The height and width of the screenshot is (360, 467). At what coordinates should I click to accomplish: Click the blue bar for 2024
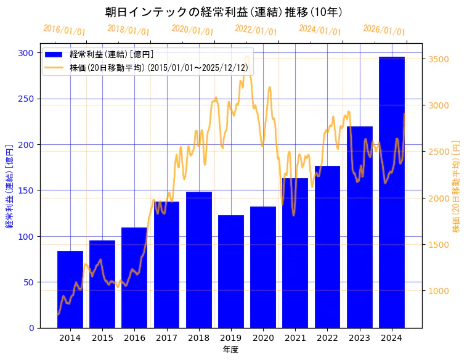(x=391, y=192)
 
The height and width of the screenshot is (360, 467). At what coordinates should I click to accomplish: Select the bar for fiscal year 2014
(x=70, y=289)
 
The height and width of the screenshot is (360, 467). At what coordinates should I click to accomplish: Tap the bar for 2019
(x=231, y=271)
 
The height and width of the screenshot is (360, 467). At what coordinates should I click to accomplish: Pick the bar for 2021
(x=295, y=253)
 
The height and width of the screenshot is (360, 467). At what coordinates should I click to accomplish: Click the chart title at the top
(x=224, y=12)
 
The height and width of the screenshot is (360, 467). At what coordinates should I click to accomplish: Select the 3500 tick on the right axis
(x=437, y=59)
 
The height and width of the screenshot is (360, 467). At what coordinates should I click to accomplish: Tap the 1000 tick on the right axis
(x=437, y=291)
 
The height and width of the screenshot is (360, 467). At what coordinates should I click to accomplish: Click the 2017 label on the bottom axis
(x=166, y=338)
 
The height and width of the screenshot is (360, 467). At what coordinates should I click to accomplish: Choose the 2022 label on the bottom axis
(x=327, y=338)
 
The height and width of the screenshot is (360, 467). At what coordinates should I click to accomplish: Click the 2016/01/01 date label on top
(x=65, y=30)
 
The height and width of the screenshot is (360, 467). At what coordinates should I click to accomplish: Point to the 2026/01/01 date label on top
(x=384, y=30)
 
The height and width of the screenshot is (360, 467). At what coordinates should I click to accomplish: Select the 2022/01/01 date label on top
(x=256, y=30)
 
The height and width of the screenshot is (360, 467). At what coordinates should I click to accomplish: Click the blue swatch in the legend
(x=54, y=55)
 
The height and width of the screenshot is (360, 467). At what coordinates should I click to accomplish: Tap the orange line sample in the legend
(x=54, y=68)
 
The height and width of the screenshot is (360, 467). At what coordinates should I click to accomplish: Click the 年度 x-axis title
(x=230, y=350)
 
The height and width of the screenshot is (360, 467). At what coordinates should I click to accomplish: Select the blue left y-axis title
(x=9, y=187)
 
